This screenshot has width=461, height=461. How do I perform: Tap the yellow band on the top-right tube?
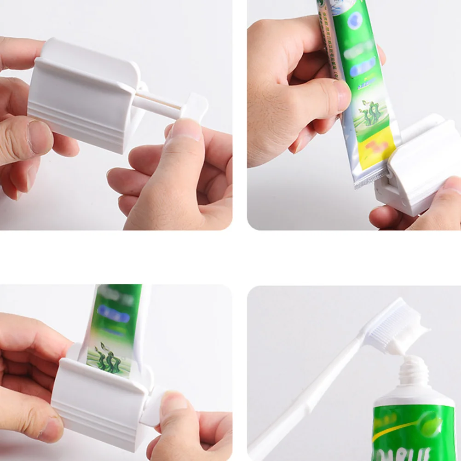coord(377,152)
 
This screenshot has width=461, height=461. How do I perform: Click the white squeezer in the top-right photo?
coord(419,170)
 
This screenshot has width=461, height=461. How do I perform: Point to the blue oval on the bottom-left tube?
coord(113,314)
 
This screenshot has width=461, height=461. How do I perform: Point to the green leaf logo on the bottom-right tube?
coord(430,426)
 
